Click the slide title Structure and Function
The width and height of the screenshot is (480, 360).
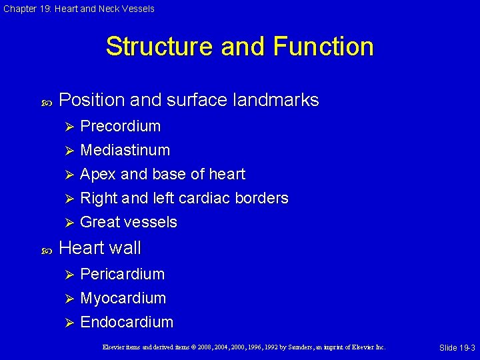tap(239, 47)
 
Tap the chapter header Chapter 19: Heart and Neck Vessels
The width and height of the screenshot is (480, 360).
tap(78, 9)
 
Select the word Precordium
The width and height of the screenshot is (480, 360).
tap(120, 126)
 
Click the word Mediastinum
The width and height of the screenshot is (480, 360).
tap(125, 150)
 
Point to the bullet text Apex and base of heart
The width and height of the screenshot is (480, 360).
tap(162, 174)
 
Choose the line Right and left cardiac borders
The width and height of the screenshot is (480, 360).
tap(184, 198)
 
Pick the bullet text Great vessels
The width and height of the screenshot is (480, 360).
tap(128, 222)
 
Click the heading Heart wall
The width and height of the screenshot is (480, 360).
tap(100, 248)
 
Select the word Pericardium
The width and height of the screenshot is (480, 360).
tap(122, 274)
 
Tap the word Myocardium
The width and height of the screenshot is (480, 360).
tap(123, 298)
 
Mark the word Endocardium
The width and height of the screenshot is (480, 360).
tap(126, 322)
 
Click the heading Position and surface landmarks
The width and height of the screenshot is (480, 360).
tap(189, 100)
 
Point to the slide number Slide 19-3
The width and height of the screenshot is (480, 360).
tap(457, 348)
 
